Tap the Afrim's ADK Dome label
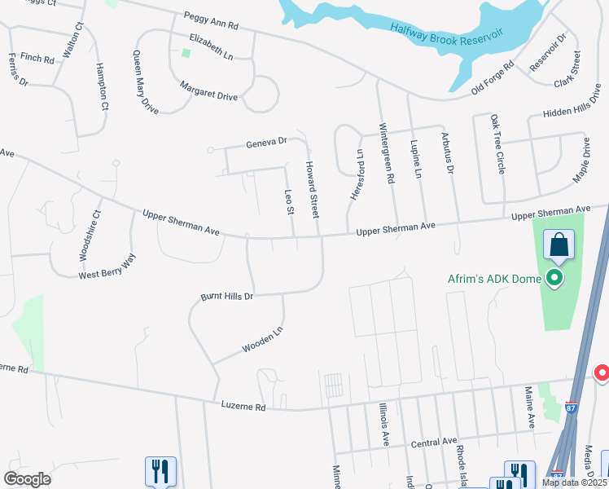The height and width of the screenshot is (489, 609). [494, 279]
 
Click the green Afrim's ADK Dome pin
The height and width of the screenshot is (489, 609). [555, 279]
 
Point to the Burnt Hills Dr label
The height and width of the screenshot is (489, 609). [227, 296]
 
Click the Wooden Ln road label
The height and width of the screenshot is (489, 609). [262, 341]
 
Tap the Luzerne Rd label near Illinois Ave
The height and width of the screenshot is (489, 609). [243, 405]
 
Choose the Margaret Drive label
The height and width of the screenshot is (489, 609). [208, 95]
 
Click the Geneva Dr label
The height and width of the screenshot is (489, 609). [267, 143]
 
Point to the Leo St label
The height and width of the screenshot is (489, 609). [288, 202]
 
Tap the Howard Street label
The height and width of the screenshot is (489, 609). [312, 189]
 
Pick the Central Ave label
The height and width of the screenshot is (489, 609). [433, 442]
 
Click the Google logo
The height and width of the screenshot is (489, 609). [27, 478]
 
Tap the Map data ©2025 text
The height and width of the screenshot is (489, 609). [575, 482]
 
